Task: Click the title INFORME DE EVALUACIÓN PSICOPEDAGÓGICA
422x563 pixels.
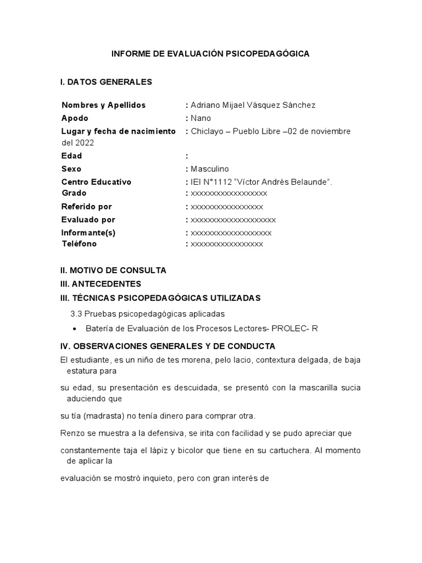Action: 210,54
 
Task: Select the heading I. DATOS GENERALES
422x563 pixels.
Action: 106,82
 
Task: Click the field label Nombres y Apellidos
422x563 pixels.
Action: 103,105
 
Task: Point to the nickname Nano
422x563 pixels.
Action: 201,118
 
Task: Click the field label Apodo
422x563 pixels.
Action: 75,118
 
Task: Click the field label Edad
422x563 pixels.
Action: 71,156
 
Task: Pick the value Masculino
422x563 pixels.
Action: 209,169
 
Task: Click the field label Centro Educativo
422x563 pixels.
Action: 96,182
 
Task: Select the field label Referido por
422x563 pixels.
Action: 86,207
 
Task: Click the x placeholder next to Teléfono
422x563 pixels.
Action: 226,244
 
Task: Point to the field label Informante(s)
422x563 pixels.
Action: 88,233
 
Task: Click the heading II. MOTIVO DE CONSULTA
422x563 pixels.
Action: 113,271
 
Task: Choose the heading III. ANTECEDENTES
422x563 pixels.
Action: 101,284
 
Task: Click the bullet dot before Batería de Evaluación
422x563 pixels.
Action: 74,329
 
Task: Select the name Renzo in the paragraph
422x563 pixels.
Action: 72,433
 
